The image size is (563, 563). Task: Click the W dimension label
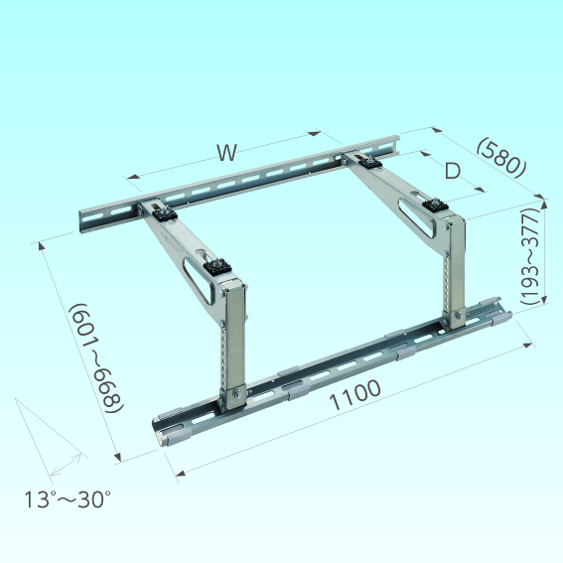pos(227,152)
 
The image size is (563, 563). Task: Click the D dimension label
pos(453,171)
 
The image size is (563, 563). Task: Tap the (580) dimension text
pos(502,157)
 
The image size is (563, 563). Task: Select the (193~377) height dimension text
pos(530,256)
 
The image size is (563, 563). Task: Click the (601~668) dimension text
pos(96,358)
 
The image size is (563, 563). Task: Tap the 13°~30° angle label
pos(68,499)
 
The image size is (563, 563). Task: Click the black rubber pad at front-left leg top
pos(217,267)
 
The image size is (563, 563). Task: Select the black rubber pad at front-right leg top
pos(435,206)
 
